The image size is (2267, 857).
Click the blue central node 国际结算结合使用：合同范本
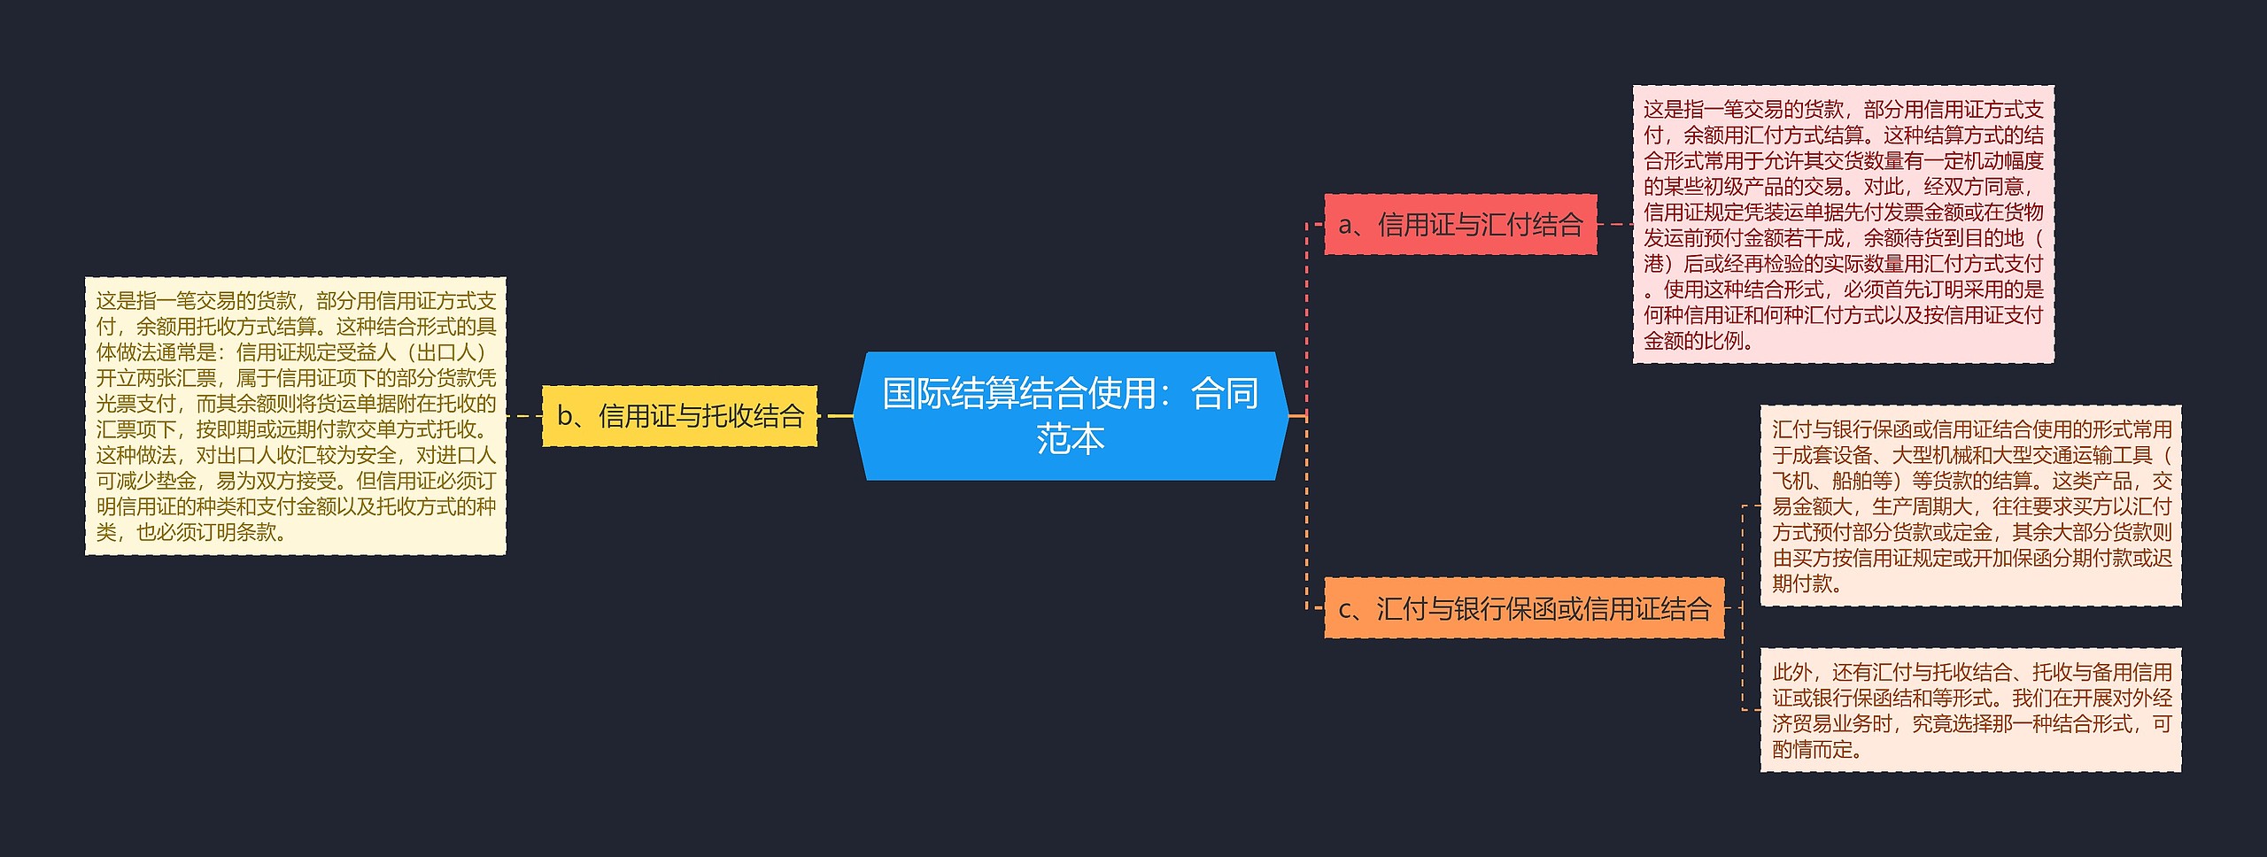click(1070, 415)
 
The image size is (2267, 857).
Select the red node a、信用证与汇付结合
click(1460, 225)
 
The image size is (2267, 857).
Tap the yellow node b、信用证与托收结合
click(679, 416)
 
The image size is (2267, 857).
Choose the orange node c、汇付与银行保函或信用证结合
click(1524, 608)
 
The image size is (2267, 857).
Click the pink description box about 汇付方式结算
click(1843, 224)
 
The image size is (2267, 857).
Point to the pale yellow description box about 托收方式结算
click(295, 416)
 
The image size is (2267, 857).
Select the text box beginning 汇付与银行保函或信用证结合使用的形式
click(1970, 506)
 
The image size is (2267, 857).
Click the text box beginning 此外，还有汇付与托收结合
click(1970, 710)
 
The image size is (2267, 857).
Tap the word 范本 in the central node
click(1070, 439)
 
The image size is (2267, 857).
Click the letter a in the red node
click(1346, 226)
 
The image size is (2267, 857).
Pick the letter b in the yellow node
click(564, 416)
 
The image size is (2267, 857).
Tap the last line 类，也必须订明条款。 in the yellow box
click(191, 532)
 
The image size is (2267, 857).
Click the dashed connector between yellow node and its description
click(523, 416)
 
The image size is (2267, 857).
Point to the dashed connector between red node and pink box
click(1614, 225)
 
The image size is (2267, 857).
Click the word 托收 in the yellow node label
click(700, 416)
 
